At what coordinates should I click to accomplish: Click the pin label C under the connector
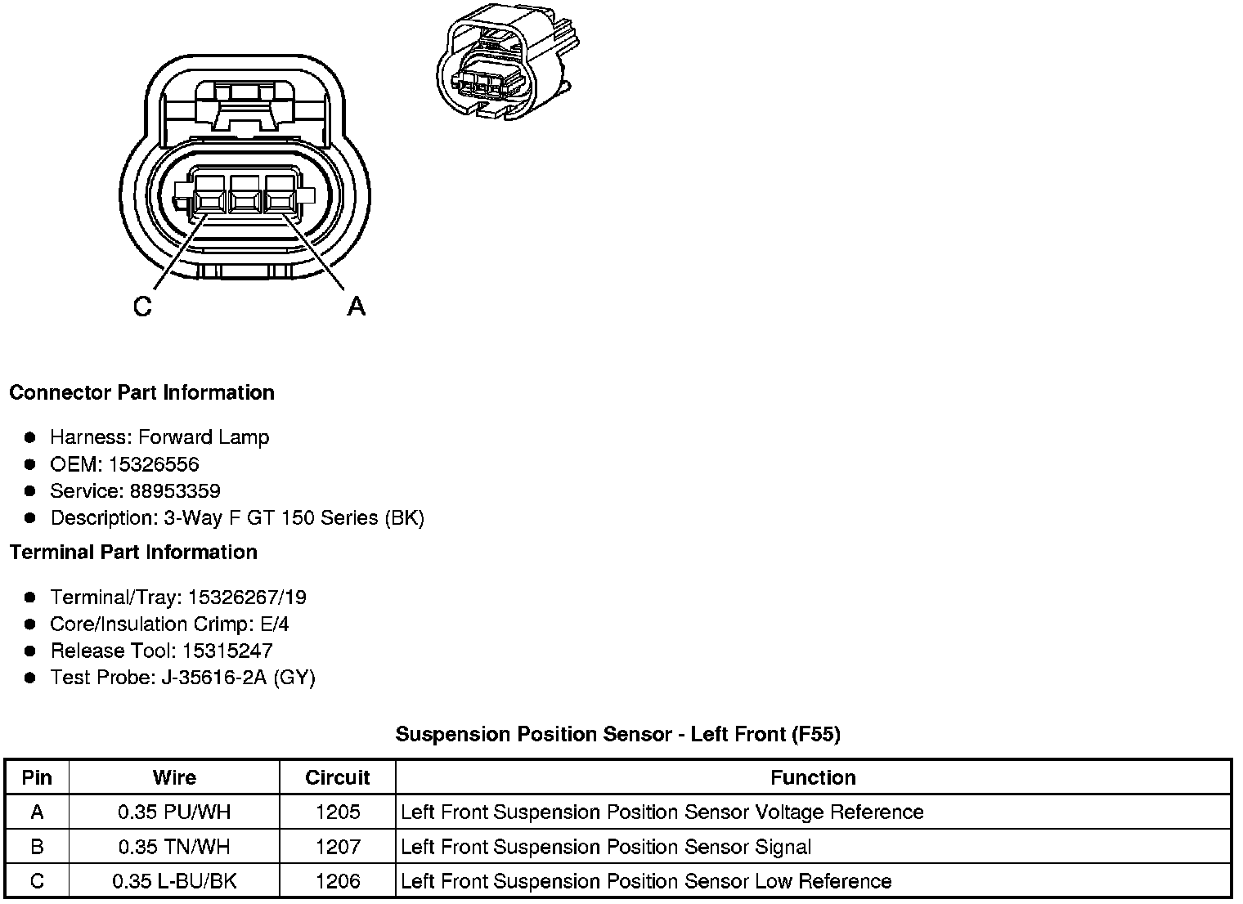[x=142, y=307]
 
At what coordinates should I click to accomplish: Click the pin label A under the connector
[x=356, y=307]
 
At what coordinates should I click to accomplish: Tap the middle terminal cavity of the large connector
[x=245, y=197]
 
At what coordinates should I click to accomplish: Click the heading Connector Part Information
[x=141, y=393]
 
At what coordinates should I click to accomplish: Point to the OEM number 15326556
[x=154, y=464]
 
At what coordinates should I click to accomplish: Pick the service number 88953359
[x=175, y=491]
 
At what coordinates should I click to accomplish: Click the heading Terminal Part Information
[x=133, y=553]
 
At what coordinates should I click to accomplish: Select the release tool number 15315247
[x=227, y=651]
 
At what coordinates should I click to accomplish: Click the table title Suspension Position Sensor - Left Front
[x=617, y=734]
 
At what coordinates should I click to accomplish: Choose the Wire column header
[x=174, y=777]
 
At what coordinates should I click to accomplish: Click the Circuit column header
[x=337, y=777]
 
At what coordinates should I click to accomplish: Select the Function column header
[x=813, y=777]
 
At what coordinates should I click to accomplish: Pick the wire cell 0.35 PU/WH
[x=174, y=812]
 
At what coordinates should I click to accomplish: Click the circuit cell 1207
[x=338, y=847]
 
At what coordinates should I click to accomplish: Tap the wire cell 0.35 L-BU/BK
[x=174, y=881]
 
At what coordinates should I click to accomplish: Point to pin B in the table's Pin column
[x=37, y=847]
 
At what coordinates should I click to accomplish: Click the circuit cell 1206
[x=338, y=881]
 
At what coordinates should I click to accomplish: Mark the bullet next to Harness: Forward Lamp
[x=30, y=437]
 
